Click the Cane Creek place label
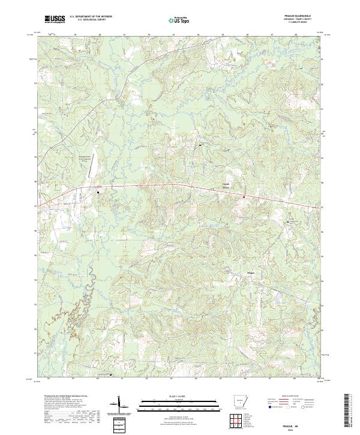click(226, 185)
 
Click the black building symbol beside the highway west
click(98, 192)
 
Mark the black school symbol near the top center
click(200, 145)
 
